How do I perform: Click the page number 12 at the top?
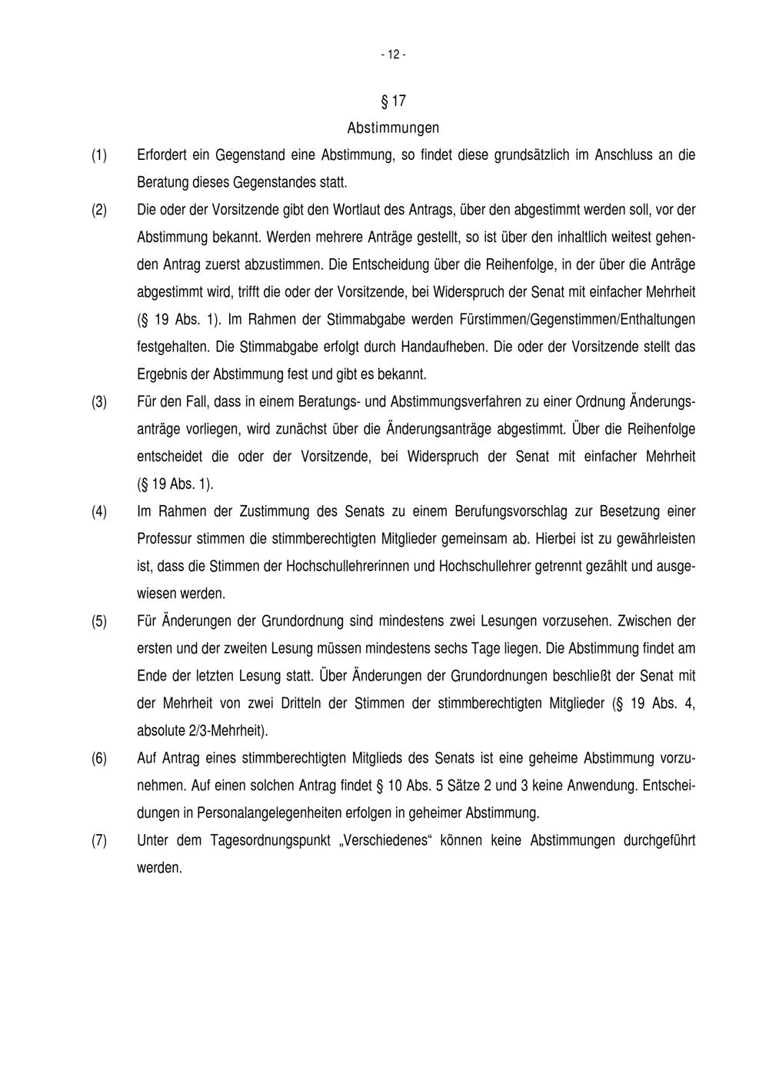pyautogui.click(x=392, y=55)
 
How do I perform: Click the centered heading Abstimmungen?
pyautogui.click(x=393, y=128)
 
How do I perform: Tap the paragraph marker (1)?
pyautogui.click(x=99, y=155)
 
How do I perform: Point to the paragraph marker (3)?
pyautogui.click(x=99, y=402)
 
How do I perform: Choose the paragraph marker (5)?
pyautogui.click(x=99, y=621)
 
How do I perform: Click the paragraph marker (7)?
pyautogui.click(x=99, y=841)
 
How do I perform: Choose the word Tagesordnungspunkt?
pyautogui.click(x=268, y=841)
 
